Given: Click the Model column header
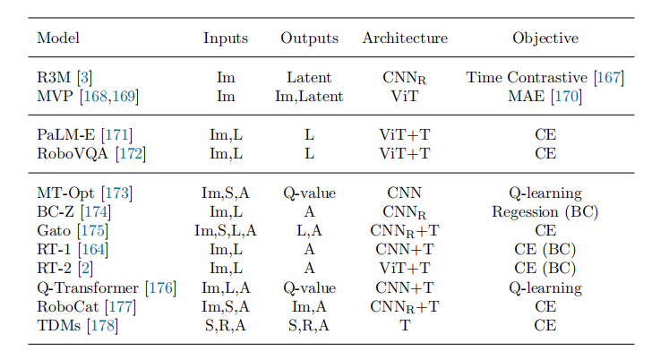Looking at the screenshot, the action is (58, 39).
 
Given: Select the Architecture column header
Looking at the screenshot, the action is (405, 39).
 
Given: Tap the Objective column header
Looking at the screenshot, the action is (545, 39).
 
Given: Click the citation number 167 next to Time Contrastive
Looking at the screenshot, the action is (608, 78).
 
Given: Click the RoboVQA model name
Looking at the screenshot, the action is (73, 154).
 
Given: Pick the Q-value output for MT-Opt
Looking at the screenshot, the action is (309, 193).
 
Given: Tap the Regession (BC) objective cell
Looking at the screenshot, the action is (545, 212).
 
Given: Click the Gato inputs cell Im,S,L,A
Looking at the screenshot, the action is (226, 231).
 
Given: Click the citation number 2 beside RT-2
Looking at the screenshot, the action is (86, 269).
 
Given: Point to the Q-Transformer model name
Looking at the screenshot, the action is (88, 288).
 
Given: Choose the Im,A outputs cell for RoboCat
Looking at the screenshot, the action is (309, 307).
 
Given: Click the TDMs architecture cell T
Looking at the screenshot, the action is (405, 325).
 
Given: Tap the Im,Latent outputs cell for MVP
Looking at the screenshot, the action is (309, 97).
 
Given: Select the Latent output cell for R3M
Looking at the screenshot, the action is (309, 78).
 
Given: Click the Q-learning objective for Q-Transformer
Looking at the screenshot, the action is (545, 288).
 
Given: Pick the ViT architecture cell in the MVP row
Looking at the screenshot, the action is (405, 97).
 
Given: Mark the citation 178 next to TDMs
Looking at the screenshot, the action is (103, 325).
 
